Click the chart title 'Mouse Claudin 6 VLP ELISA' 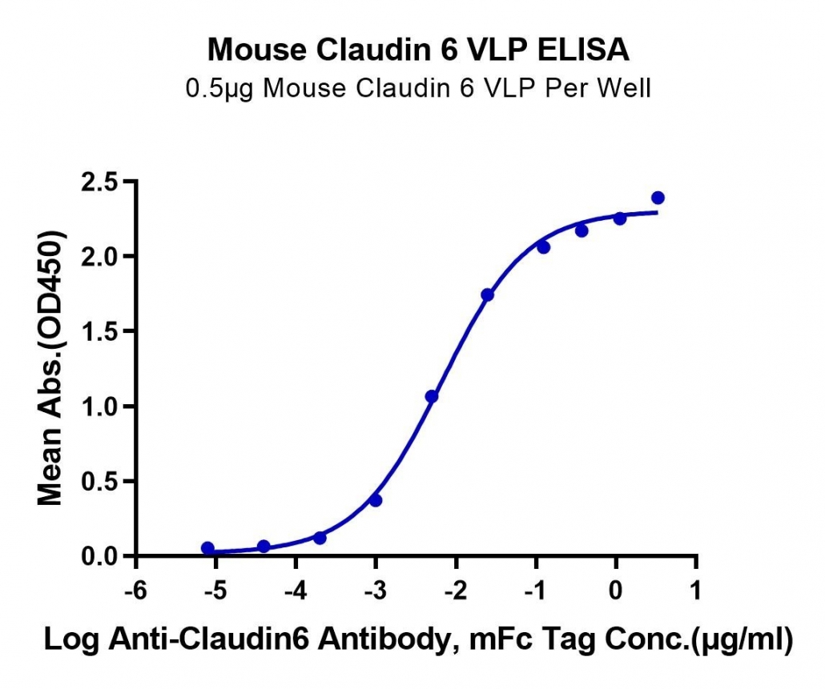click(x=418, y=50)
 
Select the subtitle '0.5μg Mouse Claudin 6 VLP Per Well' click(x=418, y=88)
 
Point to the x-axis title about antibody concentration click(x=418, y=640)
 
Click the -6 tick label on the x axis click(x=135, y=591)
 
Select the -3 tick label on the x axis click(x=376, y=591)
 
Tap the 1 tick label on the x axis click(x=696, y=591)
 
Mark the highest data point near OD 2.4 click(x=658, y=198)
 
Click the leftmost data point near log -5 click(x=207, y=548)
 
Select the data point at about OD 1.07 click(x=432, y=396)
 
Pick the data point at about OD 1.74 click(x=487, y=294)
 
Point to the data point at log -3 click(x=376, y=500)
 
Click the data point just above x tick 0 click(x=620, y=218)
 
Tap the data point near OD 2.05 click(x=544, y=247)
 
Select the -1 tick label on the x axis click(x=536, y=591)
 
